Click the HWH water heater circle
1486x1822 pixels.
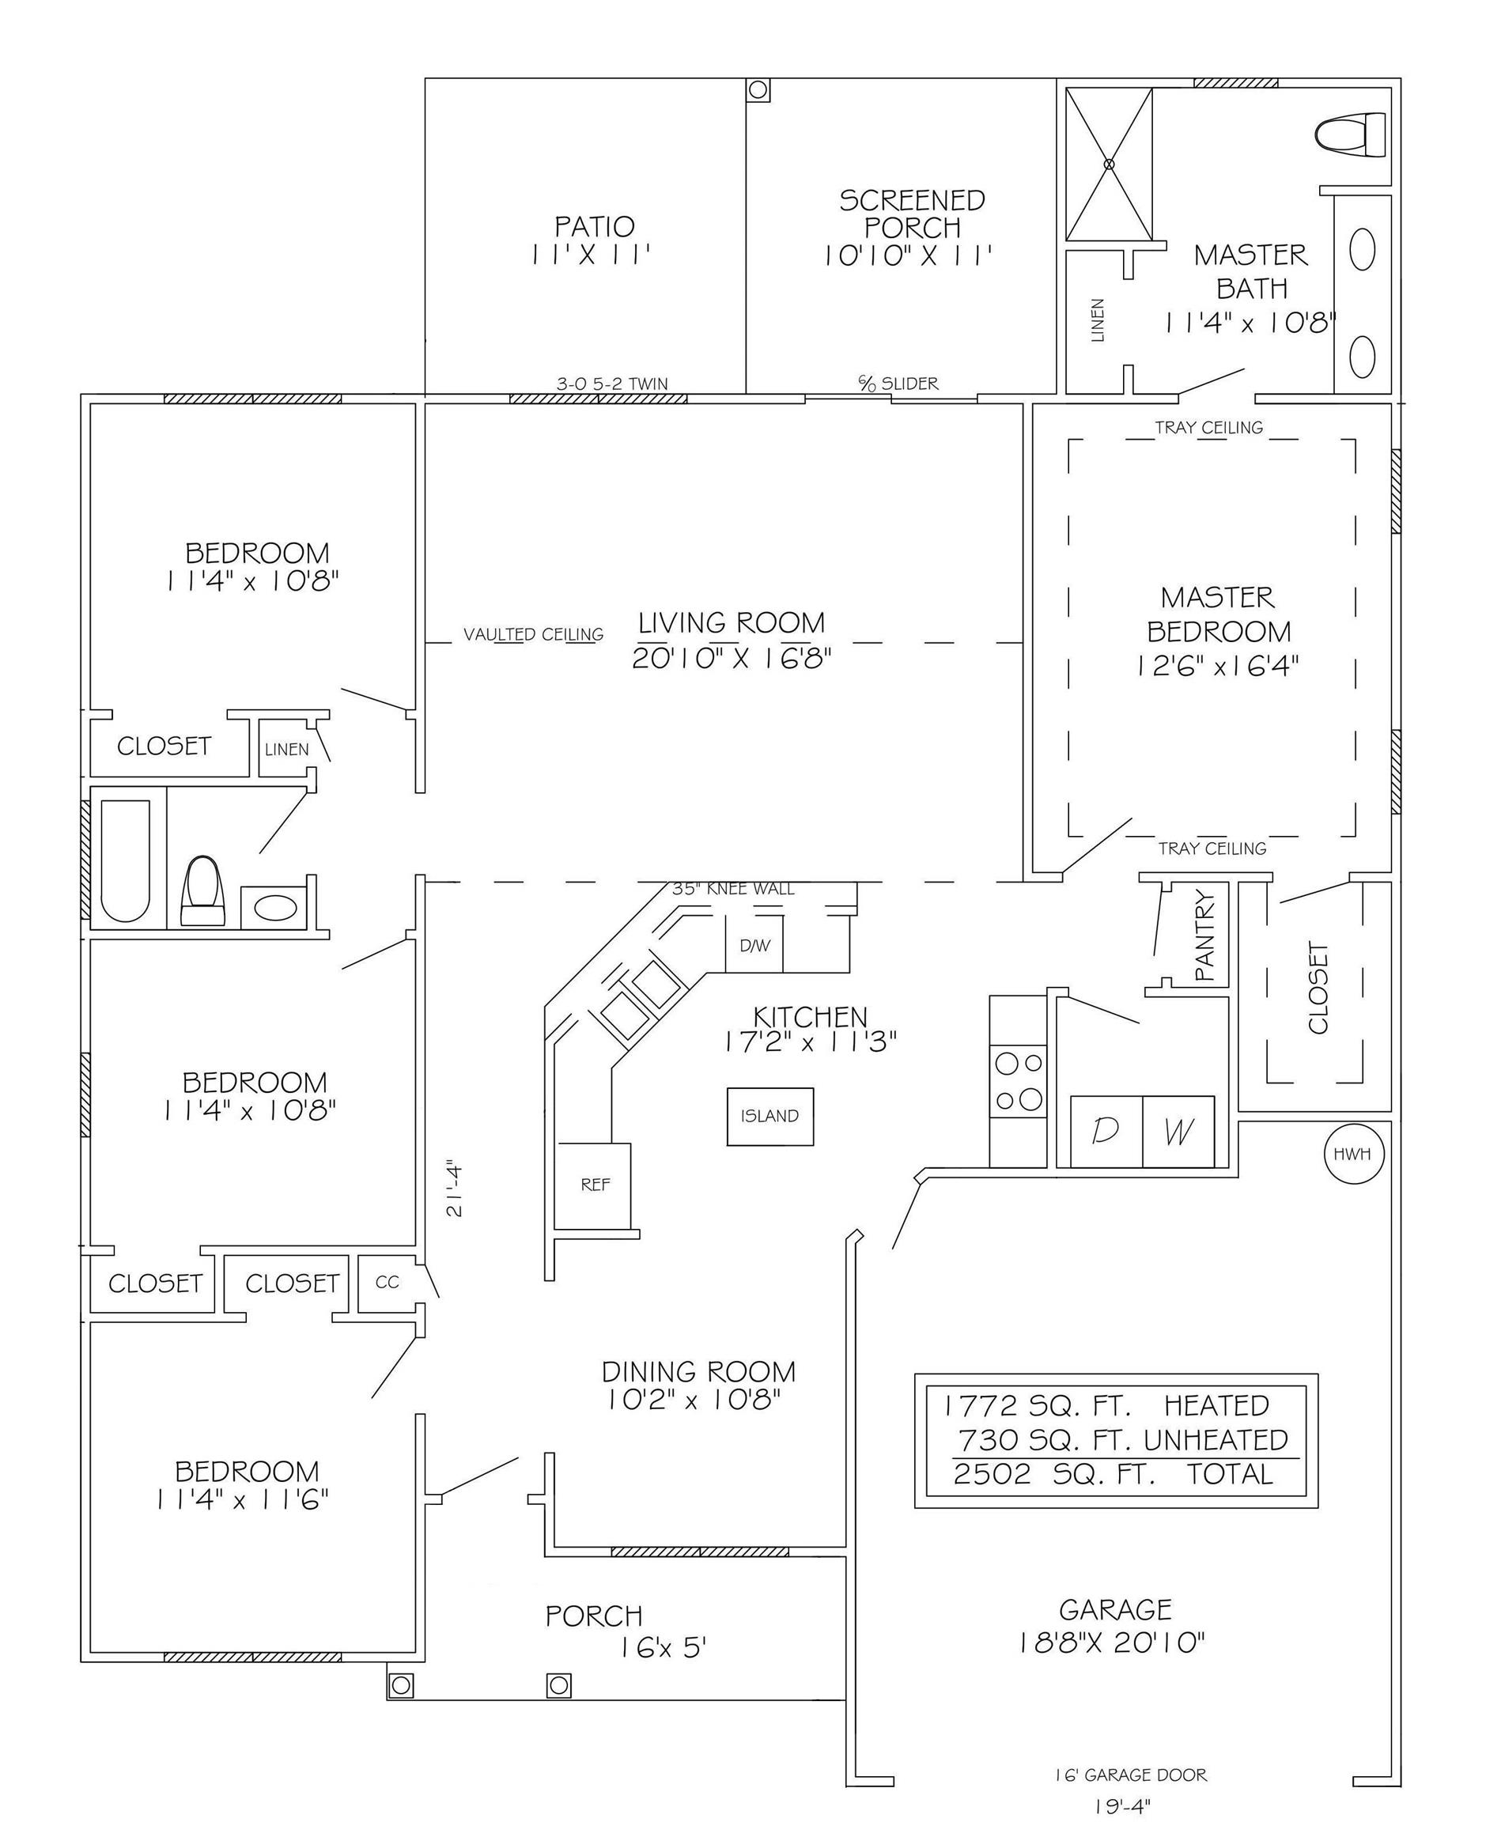[x=1353, y=1154]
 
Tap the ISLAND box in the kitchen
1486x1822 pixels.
[x=769, y=1116]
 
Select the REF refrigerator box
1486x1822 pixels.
[x=595, y=1185]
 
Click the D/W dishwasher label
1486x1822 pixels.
[x=754, y=946]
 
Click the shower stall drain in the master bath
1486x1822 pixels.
[x=1110, y=164]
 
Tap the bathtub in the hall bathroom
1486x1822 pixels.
[x=126, y=860]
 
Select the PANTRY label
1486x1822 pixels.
[x=1204, y=936]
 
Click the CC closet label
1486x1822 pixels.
[x=387, y=1283]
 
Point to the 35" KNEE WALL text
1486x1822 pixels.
[x=733, y=888]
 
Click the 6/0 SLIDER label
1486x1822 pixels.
[x=898, y=384]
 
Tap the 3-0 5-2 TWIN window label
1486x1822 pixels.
[x=612, y=384]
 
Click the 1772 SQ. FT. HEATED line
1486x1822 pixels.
[x=1107, y=1405]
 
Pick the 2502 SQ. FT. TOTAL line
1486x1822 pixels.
[x=1114, y=1474]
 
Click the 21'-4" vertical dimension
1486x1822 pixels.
[x=455, y=1187]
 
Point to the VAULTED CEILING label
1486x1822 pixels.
[x=533, y=634]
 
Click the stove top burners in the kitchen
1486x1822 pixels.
[x=1019, y=1081]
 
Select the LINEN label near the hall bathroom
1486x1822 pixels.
[x=287, y=749]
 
